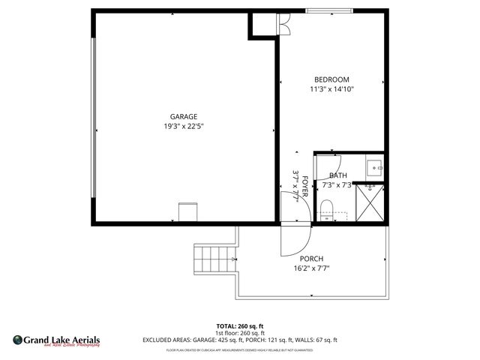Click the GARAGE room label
pos(183,116)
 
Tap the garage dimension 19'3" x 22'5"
pos(183,126)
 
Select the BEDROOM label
pos(331,79)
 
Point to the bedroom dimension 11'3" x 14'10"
pos(331,89)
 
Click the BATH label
pos(337,175)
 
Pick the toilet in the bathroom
pos(326,207)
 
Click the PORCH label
pos(310,259)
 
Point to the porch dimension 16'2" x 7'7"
pos(310,268)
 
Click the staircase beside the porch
pos(208,259)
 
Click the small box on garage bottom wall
pos(187,211)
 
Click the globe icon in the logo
pos(18,340)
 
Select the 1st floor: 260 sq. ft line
pos(239,333)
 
